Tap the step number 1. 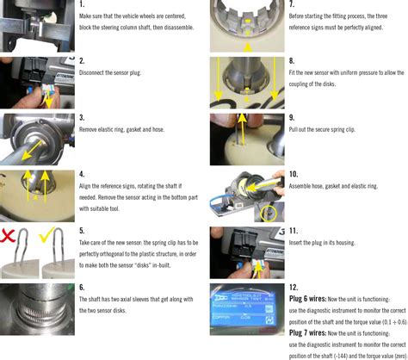coord(81,4)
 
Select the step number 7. coord(291,4)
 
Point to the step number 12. coord(294,287)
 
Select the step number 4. coord(81,174)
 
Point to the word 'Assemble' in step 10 coord(303,185)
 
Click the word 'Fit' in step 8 coord(293,72)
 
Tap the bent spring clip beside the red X coord(20,253)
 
